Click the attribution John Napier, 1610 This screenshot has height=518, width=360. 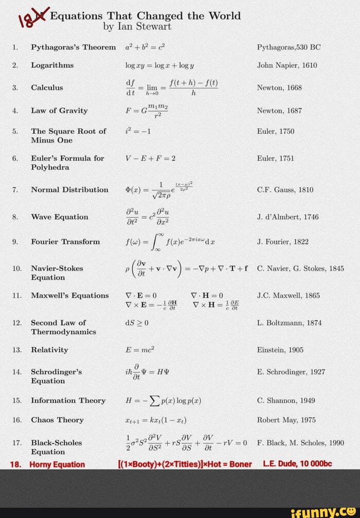286,65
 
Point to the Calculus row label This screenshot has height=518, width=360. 47,87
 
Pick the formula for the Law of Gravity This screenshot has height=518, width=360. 147,111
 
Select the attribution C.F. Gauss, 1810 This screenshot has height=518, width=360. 285,190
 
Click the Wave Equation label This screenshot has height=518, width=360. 59,217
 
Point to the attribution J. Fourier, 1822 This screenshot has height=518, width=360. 283,242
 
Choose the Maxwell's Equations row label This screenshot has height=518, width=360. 69,296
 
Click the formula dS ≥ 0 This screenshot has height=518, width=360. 137,323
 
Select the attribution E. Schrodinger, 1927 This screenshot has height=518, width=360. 291,372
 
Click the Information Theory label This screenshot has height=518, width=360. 68,401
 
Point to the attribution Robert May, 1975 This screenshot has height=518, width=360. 286,420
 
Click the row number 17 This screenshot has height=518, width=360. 17,442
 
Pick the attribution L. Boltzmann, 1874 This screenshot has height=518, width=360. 289,323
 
